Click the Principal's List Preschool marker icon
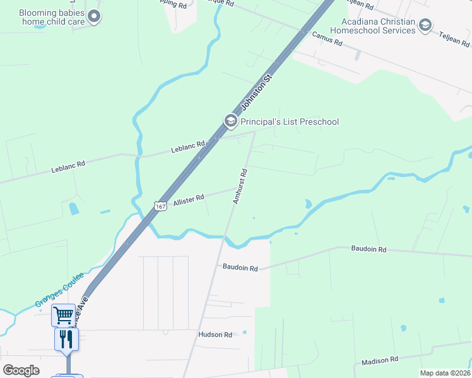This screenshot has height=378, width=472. coord(230,121)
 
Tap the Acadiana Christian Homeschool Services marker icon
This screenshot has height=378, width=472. coord(425,25)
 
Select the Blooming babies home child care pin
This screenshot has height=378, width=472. coord(94,16)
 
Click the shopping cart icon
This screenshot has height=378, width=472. coord(63,314)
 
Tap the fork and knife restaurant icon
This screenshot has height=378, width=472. coord(66,339)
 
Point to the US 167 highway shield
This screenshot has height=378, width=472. coord(160,205)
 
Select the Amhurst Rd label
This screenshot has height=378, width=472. coord(239,186)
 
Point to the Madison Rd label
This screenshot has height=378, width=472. coord(380,360)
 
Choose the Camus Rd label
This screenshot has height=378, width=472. coord(327,39)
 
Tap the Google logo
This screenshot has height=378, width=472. coord(21,370)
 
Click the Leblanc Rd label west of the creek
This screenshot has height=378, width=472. coord(68,166)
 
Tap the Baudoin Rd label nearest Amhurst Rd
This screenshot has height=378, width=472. coord(240,268)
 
